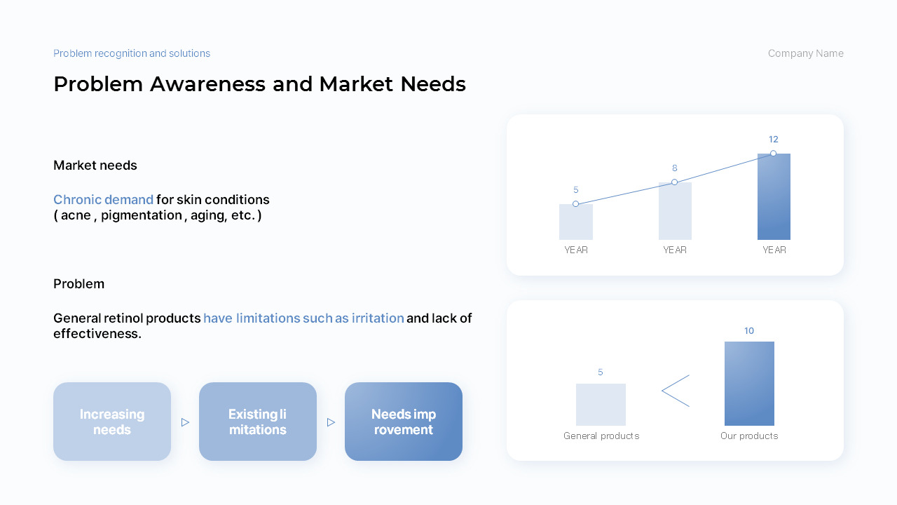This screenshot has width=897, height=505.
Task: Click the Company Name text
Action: (x=805, y=53)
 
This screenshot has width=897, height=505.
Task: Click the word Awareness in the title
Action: (x=207, y=84)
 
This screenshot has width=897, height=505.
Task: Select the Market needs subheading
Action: (x=95, y=165)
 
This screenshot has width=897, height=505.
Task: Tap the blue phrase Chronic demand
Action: (x=103, y=200)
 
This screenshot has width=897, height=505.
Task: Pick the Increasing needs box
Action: (x=112, y=422)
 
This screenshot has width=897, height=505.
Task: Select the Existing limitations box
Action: (x=257, y=422)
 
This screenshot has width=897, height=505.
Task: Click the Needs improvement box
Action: (x=403, y=422)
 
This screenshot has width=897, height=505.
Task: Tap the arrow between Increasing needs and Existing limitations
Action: (x=185, y=422)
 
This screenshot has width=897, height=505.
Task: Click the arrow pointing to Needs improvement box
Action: (x=331, y=422)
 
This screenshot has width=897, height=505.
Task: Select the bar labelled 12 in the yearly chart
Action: (x=774, y=196)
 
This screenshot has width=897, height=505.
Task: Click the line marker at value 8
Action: (x=674, y=182)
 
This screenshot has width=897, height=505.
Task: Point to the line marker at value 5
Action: (x=575, y=203)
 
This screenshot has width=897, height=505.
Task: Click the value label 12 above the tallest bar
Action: (x=773, y=140)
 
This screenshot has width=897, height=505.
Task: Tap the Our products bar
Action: (x=749, y=384)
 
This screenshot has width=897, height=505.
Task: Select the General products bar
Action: (x=601, y=405)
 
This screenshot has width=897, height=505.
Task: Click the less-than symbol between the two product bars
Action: (x=676, y=391)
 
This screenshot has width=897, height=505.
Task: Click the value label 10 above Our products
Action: (x=749, y=330)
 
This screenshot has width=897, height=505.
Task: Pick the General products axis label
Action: (x=601, y=436)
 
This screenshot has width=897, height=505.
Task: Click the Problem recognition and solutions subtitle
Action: (x=132, y=53)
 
